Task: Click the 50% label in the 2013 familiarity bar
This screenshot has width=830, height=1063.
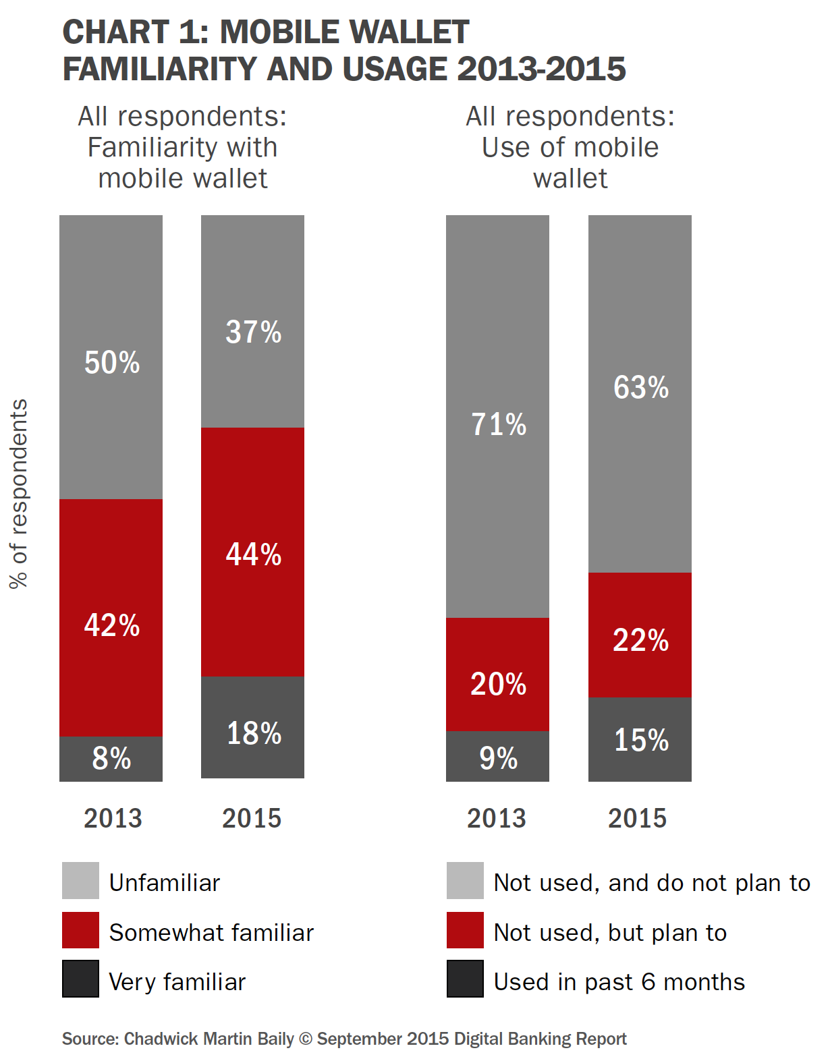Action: point(112,363)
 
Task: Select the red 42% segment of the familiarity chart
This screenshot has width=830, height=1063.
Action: point(111,617)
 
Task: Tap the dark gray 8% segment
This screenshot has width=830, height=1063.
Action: point(111,759)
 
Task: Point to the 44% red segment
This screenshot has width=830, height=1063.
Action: point(253,552)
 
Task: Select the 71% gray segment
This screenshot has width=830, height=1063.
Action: point(498,417)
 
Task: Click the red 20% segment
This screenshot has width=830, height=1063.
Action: point(498,674)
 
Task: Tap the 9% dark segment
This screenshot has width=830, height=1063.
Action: point(498,757)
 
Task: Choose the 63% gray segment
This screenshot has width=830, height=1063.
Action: point(640,395)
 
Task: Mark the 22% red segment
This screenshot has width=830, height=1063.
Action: point(640,635)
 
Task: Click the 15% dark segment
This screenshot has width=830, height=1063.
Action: point(640,740)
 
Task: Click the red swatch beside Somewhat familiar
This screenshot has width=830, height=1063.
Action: point(80,930)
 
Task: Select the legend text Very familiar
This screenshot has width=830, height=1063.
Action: point(177,982)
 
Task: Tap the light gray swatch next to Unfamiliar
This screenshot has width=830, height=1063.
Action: point(80,880)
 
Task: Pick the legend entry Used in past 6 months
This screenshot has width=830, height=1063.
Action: point(619,982)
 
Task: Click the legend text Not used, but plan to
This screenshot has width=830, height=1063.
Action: point(610,933)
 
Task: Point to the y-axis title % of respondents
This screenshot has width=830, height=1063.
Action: point(19,494)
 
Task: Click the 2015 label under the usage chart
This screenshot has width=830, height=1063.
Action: point(637,818)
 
